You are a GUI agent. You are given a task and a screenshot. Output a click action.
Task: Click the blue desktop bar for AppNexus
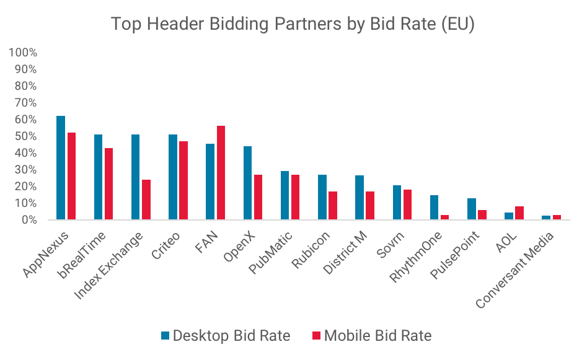[x=61, y=167]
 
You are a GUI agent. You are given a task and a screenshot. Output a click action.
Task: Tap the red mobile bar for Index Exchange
[x=146, y=199]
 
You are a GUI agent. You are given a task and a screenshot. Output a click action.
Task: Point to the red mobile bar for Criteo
[x=183, y=180]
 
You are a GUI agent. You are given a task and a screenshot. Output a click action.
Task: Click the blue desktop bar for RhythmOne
[x=434, y=207]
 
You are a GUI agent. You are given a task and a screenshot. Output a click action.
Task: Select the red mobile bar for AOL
[x=519, y=213]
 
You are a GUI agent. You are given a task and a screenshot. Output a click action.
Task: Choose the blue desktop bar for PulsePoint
[x=471, y=209]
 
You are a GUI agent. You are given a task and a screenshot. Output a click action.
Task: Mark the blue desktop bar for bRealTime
[x=98, y=177]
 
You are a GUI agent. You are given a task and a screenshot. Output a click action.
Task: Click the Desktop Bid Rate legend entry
[x=226, y=336]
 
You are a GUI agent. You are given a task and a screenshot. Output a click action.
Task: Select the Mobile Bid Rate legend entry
[x=371, y=336]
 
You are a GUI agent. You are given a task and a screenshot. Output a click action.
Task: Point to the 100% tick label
[x=23, y=53]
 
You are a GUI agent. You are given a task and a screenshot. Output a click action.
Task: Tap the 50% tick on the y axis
[x=25, y=136]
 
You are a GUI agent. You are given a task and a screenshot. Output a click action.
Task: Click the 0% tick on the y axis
[x=28, y=220]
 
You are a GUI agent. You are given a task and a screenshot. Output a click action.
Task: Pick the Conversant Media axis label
[x=516, y=268]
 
